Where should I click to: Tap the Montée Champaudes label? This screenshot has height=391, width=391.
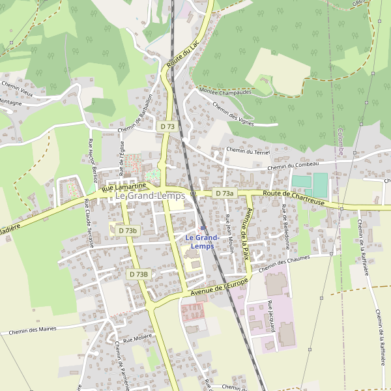225,92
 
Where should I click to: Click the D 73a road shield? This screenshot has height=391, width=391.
224,194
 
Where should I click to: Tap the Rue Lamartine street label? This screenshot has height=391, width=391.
124,188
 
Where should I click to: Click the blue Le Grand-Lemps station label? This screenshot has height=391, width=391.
201,242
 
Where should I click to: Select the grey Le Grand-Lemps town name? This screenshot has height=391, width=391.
150,195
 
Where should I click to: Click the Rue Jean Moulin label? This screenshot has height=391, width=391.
229,233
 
